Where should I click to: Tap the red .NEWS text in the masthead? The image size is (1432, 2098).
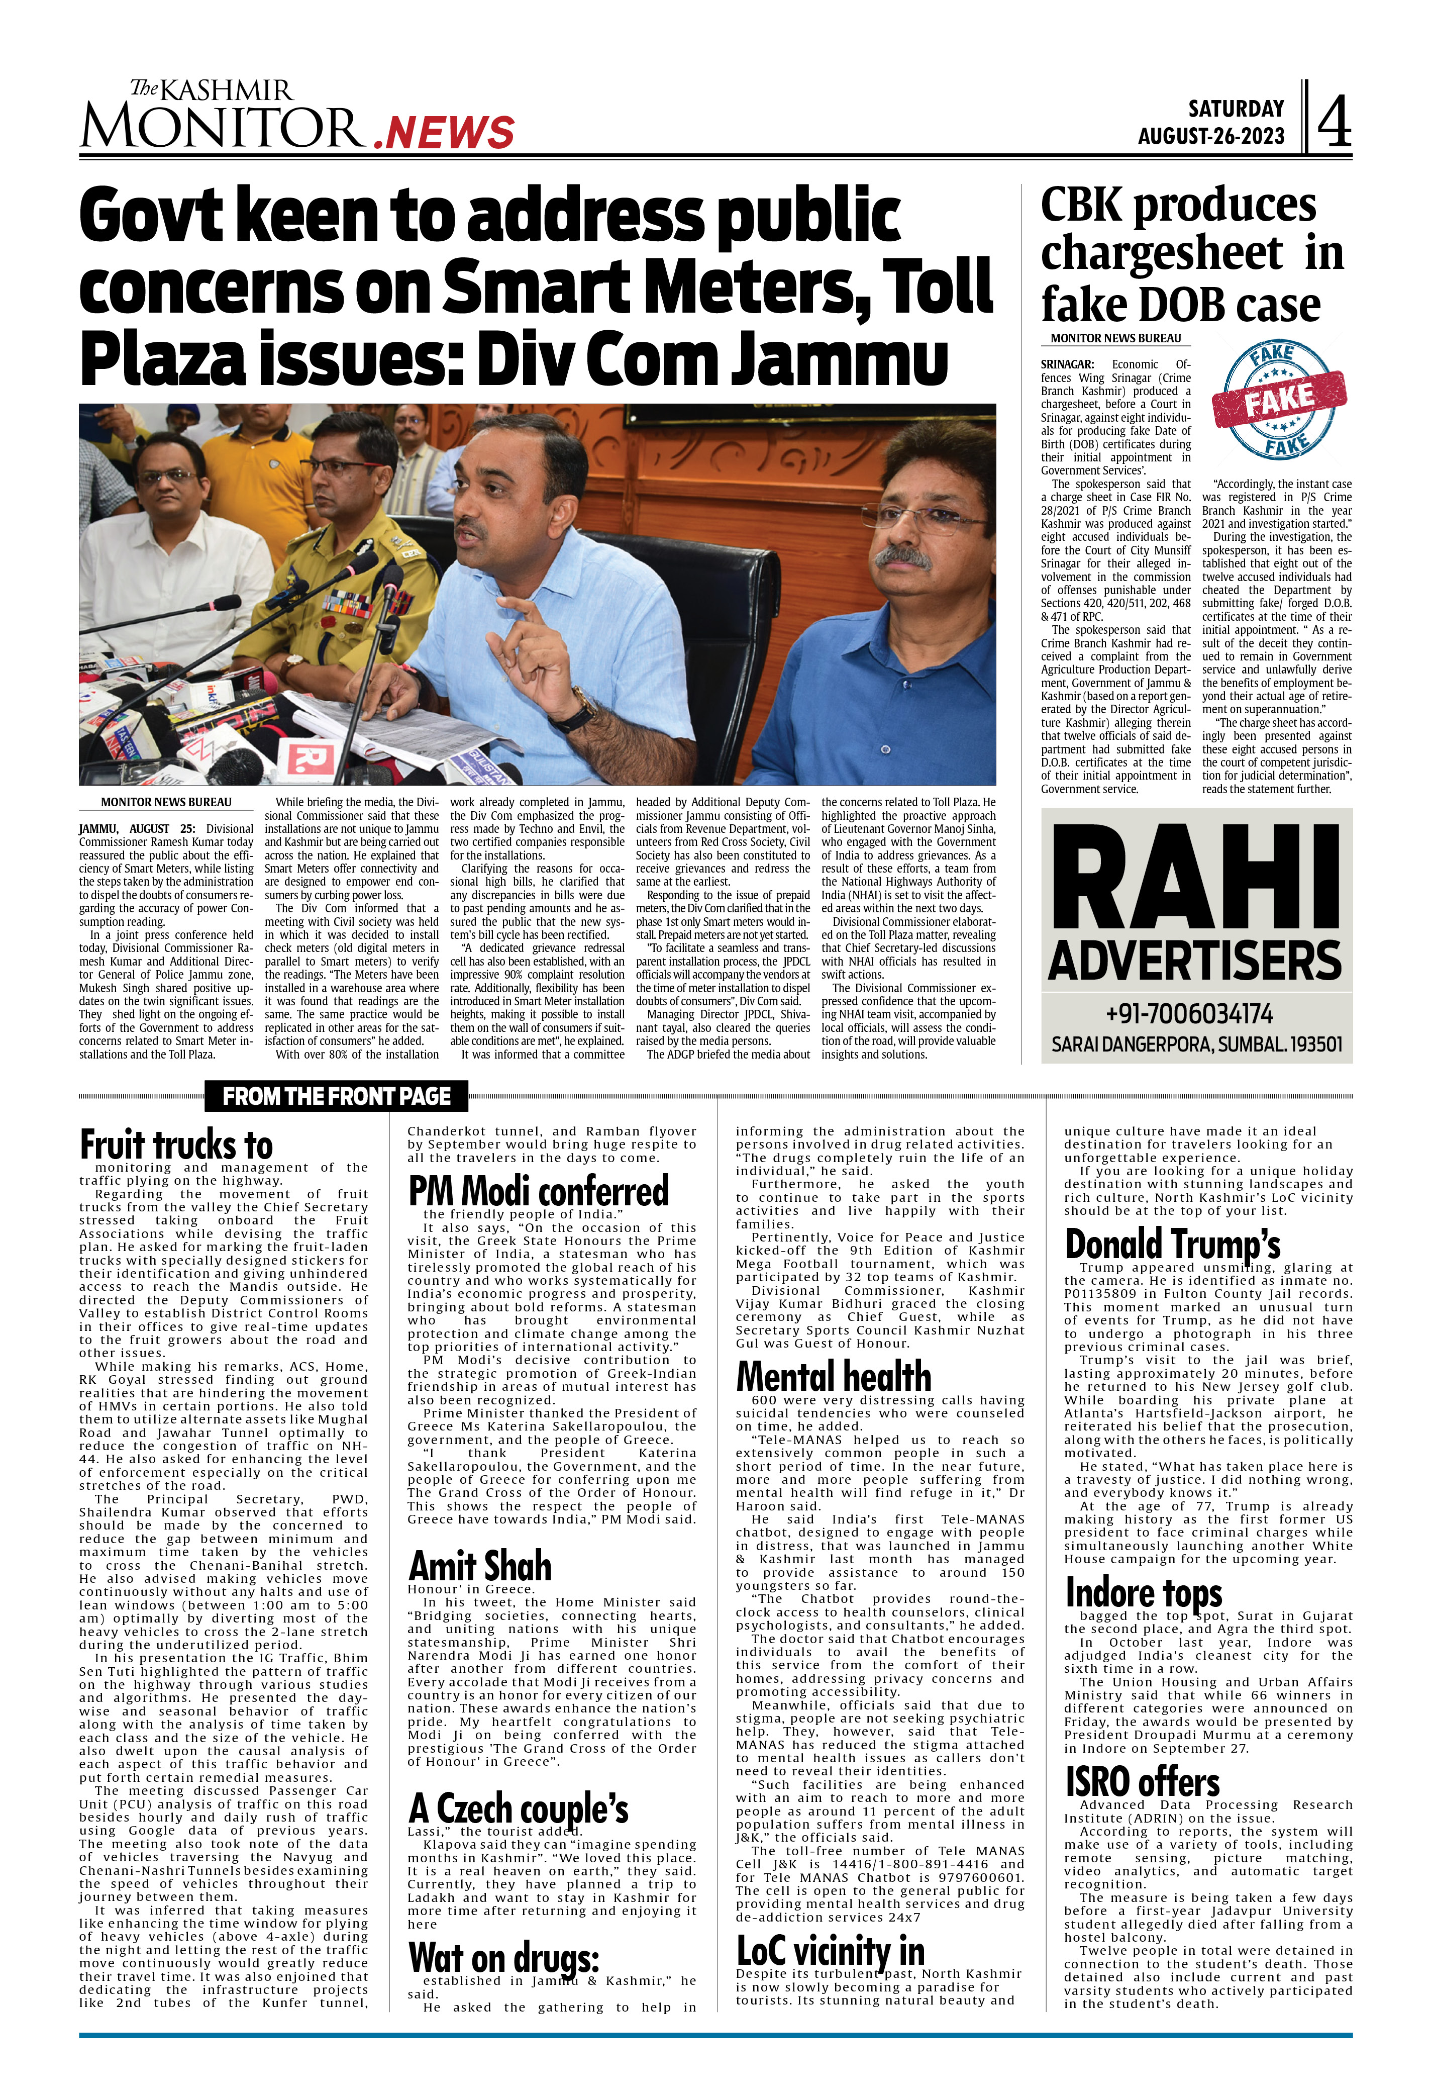[x=443, y=133]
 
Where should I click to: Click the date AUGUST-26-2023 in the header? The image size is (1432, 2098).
[x=1210, y=136]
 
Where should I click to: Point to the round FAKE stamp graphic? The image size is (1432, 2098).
[x=1279, y=400]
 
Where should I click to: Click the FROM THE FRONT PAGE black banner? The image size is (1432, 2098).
[x=337, y=1096]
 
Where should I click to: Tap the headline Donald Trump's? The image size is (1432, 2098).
[x=1172, y=1244]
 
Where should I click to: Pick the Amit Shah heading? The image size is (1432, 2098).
[x=479, y=1565]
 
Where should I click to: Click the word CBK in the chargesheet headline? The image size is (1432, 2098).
[x=1080, y=205]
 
